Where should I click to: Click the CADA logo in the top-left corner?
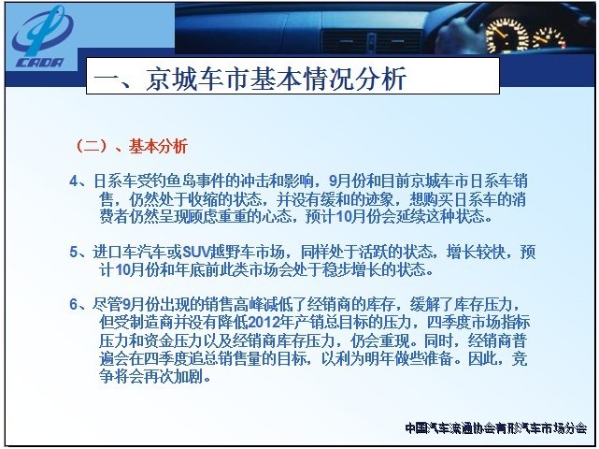click(41, 37)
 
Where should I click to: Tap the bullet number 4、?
click(81, 181)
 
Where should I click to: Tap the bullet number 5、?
click(81, 252)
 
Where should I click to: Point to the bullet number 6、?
click(81, 304)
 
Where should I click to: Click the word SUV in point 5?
click(197, 252)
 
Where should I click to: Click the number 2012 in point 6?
click(264, 323)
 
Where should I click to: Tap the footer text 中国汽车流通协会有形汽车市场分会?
click(496, 428)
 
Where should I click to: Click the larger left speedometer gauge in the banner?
click(506, 36)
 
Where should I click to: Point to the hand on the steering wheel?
click(458, 33)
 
